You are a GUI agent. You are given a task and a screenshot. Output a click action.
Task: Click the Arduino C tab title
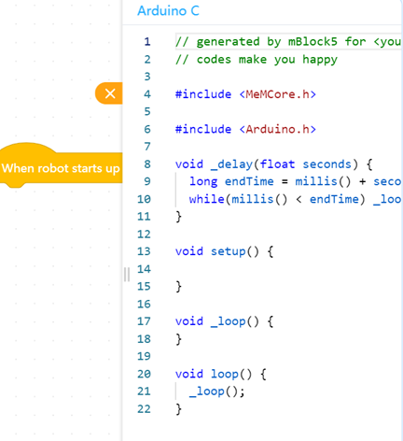coord(168,11)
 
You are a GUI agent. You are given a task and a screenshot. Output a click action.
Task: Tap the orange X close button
coord(109,93)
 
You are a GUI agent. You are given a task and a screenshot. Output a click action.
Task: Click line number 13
coord(144,251)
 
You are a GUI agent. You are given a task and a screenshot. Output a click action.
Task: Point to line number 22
coord(144,408)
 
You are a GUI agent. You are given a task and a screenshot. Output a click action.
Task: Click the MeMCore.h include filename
coord(277,94)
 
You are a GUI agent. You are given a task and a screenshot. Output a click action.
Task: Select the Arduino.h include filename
coord(277,129)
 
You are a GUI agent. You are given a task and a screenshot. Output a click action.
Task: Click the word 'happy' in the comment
coord(320,60)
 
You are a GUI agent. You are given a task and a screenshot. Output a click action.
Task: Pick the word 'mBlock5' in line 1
coord(313,41)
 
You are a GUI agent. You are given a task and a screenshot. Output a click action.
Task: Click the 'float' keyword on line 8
coord(277,164)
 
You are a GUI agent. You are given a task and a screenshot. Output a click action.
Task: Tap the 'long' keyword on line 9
coord(203,181)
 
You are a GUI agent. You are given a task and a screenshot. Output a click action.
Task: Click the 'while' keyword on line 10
coord(206,199)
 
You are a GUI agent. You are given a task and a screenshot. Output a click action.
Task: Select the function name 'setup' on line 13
coord(228,251)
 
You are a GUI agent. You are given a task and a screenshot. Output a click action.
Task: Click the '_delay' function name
coord(231,164)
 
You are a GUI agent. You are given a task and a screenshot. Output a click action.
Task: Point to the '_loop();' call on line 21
coord(217,391)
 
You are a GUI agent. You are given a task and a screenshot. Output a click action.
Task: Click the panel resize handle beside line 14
coord(127,275)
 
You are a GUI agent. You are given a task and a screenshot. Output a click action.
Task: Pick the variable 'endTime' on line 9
coord(249,181)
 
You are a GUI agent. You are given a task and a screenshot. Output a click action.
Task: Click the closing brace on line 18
coord(178,339)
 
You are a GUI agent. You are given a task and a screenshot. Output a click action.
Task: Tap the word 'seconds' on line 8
coord(327,164)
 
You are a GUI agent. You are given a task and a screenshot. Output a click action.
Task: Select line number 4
coord(147,94)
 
